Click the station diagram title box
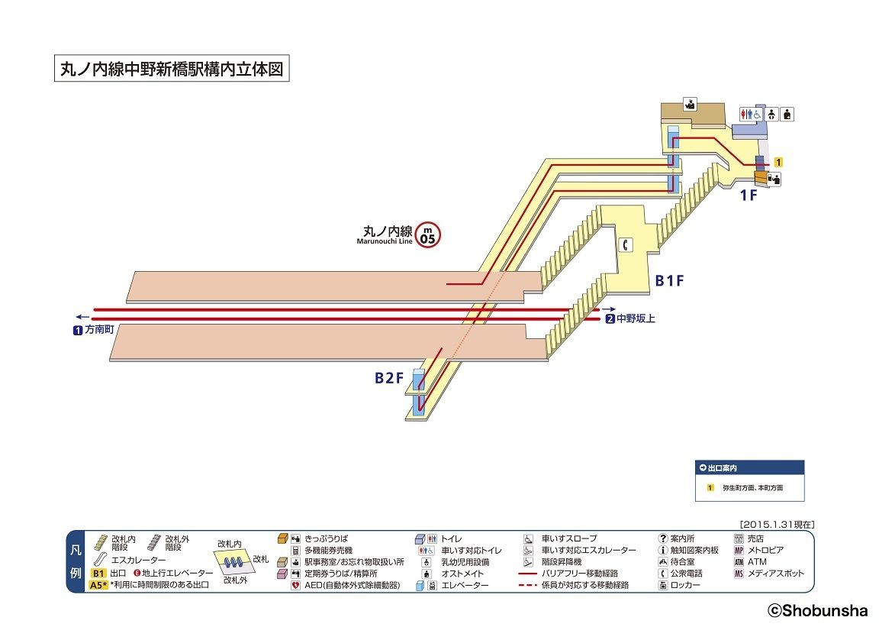tap(172, 69)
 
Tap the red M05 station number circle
tap(428, 234)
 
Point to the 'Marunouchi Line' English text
tap(384, 241)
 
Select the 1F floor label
tap(749, 195)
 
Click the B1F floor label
tap(669, 280)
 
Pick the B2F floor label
tap(388, 377)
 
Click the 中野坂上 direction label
tap(636, 318)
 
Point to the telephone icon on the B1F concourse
tap(626, 244)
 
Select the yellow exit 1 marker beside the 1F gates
tap(778, 162)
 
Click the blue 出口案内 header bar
tap(749, 467)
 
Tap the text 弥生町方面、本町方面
tap(752, 487)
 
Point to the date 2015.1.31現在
tap(777, 525)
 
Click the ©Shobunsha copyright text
tap(817, 610)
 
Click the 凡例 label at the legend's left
tap(76, 561)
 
